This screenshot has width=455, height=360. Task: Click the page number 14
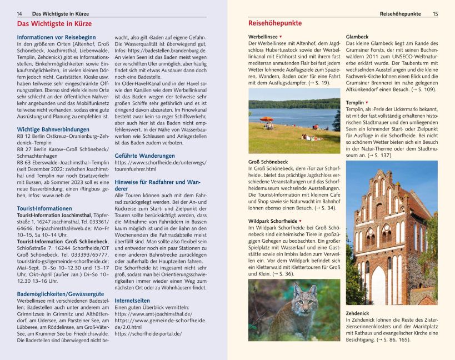(x=19, y=13)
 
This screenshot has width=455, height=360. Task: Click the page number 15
(x=435, y=13)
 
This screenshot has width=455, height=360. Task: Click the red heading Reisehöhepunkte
(x=274, y=23)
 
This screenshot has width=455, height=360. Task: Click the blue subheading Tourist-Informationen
(x=44, y=208)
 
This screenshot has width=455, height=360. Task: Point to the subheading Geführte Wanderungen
(x=144, y=156)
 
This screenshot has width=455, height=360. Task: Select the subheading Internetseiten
(x=132, y=300)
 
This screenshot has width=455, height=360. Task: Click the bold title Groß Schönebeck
(x=268, y=162)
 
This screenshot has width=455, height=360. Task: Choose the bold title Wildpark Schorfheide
(x=272, y=221)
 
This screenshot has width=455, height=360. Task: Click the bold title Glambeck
(x=357, y=37)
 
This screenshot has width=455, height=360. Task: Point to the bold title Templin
(x=354, y=103)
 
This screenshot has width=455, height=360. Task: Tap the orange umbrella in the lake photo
(x=267, y=119)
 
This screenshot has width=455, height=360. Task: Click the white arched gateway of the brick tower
(x=379, y=286)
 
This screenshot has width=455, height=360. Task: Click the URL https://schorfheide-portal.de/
(x=148, y=333)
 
